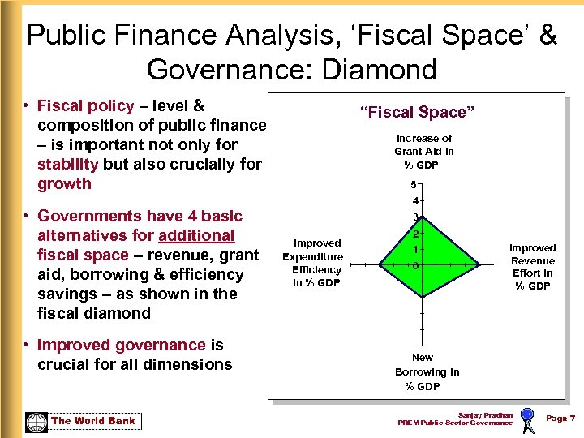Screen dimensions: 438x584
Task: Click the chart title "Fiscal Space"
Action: (419, 112)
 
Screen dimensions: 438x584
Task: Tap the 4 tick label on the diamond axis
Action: (415, 200)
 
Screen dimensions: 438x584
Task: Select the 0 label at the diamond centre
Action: (415, 265)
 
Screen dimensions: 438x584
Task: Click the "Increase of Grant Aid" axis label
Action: (423, 152)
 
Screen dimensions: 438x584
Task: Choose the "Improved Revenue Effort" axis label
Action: (533, 267)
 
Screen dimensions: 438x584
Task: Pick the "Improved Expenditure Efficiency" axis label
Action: (317, 263)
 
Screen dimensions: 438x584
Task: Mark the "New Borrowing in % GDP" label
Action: (426, 371)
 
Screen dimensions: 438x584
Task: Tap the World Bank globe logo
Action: (36, 422)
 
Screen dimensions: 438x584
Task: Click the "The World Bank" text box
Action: (93, 421)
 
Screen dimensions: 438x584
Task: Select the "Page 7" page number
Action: (560, 418)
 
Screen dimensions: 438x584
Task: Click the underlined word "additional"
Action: (196, 235)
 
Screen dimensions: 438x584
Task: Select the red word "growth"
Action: (64, 183)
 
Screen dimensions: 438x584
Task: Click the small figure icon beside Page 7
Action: (527, 421)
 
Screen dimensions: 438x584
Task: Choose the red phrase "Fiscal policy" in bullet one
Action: (85, 105)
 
